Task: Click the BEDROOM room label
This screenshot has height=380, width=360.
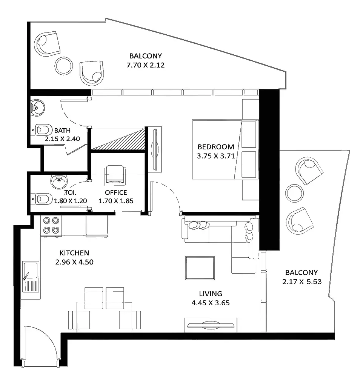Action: tap(216, 147)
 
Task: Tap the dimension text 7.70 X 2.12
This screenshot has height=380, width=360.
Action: tap(145, 65)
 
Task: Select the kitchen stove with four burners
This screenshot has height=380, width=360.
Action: tap(51, 225)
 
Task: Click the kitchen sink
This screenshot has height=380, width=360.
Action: tap(31, 277)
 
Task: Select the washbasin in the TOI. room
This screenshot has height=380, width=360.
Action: tap(58, 182)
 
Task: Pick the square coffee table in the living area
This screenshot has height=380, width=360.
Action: tap(200, 268)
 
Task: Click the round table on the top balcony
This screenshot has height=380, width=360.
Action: tap(63, 66)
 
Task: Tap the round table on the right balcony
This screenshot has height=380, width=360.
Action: tap(294, 193)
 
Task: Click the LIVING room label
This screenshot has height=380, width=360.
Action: tap(211, 294)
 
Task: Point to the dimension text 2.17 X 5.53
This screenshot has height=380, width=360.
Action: tap(302, 282)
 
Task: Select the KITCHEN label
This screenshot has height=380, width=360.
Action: tap(74, 253)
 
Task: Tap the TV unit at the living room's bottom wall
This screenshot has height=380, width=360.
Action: tap(211, 325)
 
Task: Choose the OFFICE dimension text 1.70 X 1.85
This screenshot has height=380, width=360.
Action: tap(116, 201)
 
